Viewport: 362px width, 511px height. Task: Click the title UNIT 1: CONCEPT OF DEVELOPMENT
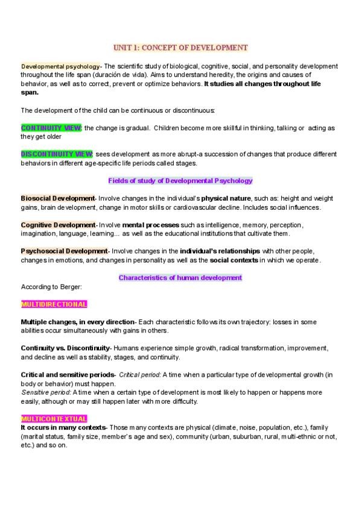pyautogui.click(x=180, y=47)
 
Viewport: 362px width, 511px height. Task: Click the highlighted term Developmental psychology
pyautogui.click(x=60, y=66)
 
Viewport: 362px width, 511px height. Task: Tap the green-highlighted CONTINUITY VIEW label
pyautogui.click(x=51, y=128)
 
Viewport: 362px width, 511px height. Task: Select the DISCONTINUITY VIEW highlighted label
pyautogui.click(x=57, y=154)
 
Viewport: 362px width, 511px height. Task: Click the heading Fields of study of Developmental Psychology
pyautogui.click(x=180, y=181)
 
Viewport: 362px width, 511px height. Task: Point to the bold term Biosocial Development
pyautogui.click(x=57, y=198)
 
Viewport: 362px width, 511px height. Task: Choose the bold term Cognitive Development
pyautogui.click(x=58, y=225)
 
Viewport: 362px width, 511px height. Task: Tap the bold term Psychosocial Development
pyautogui.click(x=63, y=251)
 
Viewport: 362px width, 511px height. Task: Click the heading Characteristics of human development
pyautogui.click(x=180, y=278)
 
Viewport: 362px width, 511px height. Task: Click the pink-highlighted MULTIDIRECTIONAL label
pyautogui.click(x=54, y=304)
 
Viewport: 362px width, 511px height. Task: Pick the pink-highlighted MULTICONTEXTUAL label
pyautogui.click(x=54, y=418)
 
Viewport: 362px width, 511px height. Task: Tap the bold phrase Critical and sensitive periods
pyautogui.click(x=68, y=375)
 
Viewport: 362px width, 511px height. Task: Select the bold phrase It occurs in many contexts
pyautogui.click(x=62, y=427)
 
